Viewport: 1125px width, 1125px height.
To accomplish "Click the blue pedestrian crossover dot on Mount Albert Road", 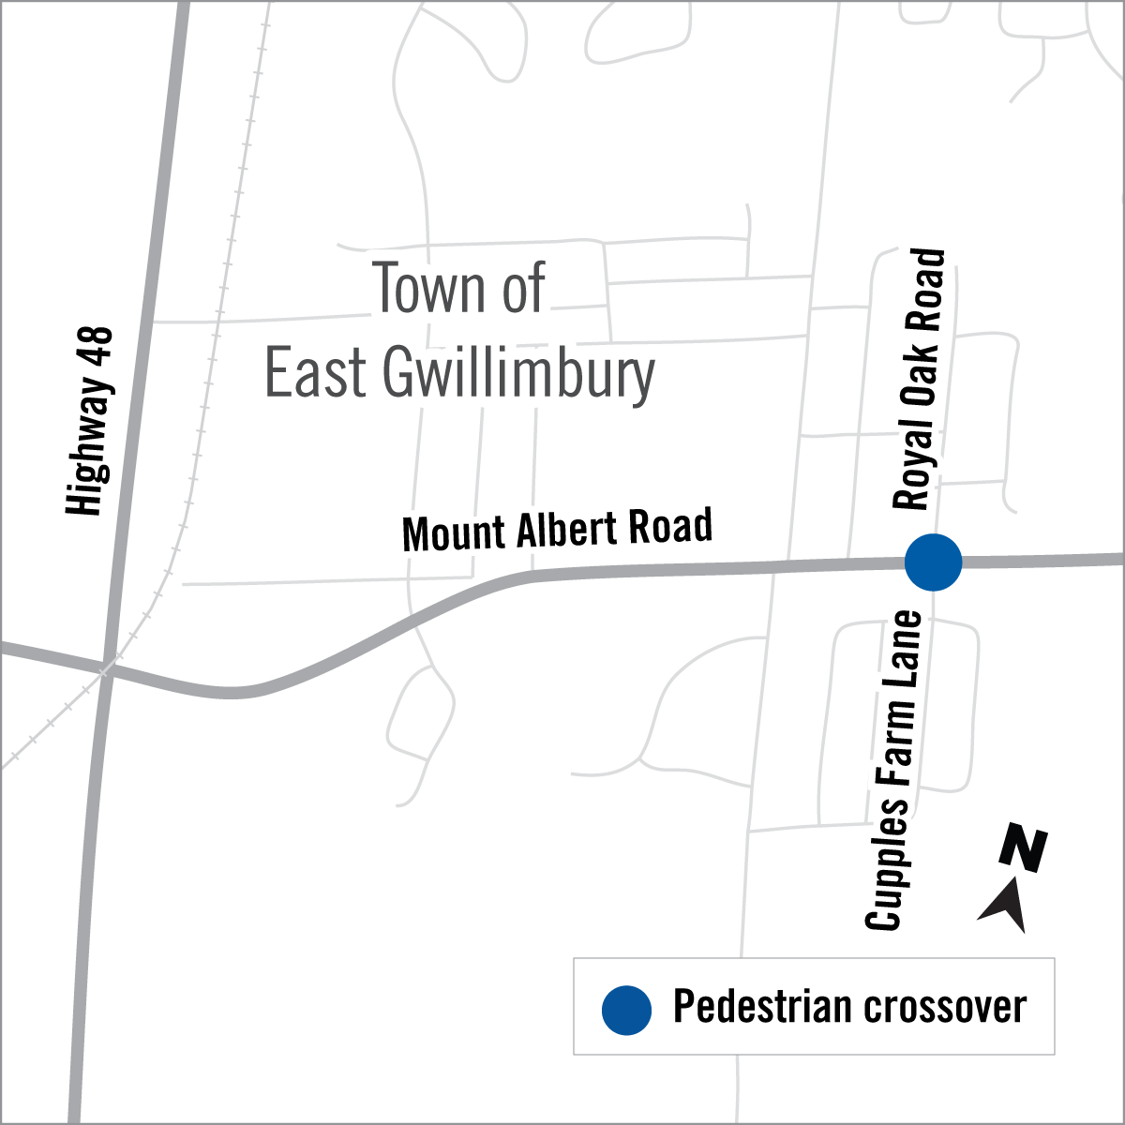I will (933, 562).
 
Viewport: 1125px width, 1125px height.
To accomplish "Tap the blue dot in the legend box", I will (626, 1010).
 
